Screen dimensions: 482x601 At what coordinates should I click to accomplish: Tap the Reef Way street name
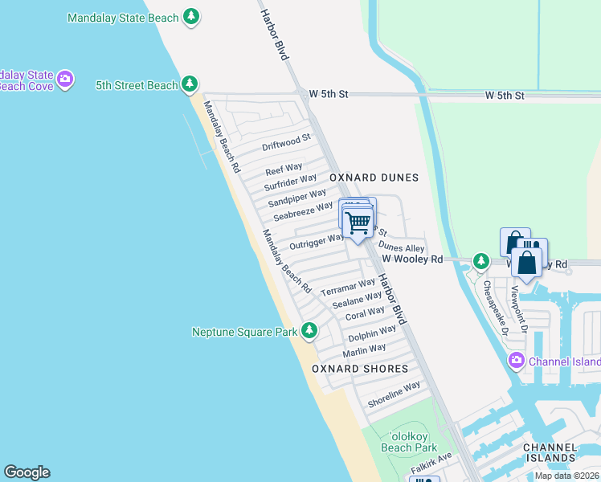[284, 170]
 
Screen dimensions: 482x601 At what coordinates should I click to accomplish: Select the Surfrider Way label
[290, 183]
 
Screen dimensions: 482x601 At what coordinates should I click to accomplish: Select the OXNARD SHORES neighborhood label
[360, 368]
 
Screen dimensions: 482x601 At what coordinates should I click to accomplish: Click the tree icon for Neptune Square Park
[309, 331]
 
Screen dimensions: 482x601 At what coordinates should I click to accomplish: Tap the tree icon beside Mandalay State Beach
[190, 16]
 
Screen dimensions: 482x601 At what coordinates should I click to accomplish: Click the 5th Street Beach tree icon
[190, 84]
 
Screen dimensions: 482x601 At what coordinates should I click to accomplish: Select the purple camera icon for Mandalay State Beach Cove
[65, 79]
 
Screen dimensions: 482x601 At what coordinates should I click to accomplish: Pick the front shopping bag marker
[526, 263]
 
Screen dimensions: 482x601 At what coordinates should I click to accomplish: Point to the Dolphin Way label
[372, 333]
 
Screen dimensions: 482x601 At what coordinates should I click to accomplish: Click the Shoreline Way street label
[394, 393]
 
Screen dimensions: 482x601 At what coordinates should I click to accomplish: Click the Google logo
[27, 472]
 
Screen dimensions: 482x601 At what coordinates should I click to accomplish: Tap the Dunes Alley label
[401, 249]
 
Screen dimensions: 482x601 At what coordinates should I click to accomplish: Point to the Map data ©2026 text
[566, 476]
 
